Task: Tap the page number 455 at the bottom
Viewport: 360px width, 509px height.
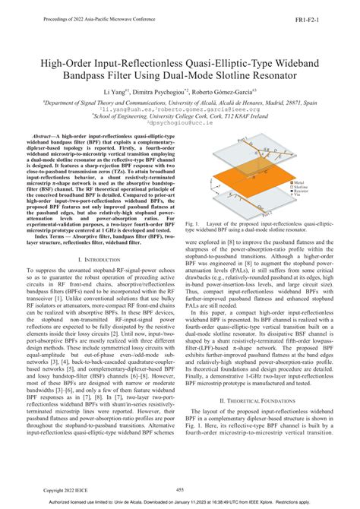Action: (x=180, y=490)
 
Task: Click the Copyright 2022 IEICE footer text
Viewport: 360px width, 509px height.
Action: (x=67, y=490)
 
